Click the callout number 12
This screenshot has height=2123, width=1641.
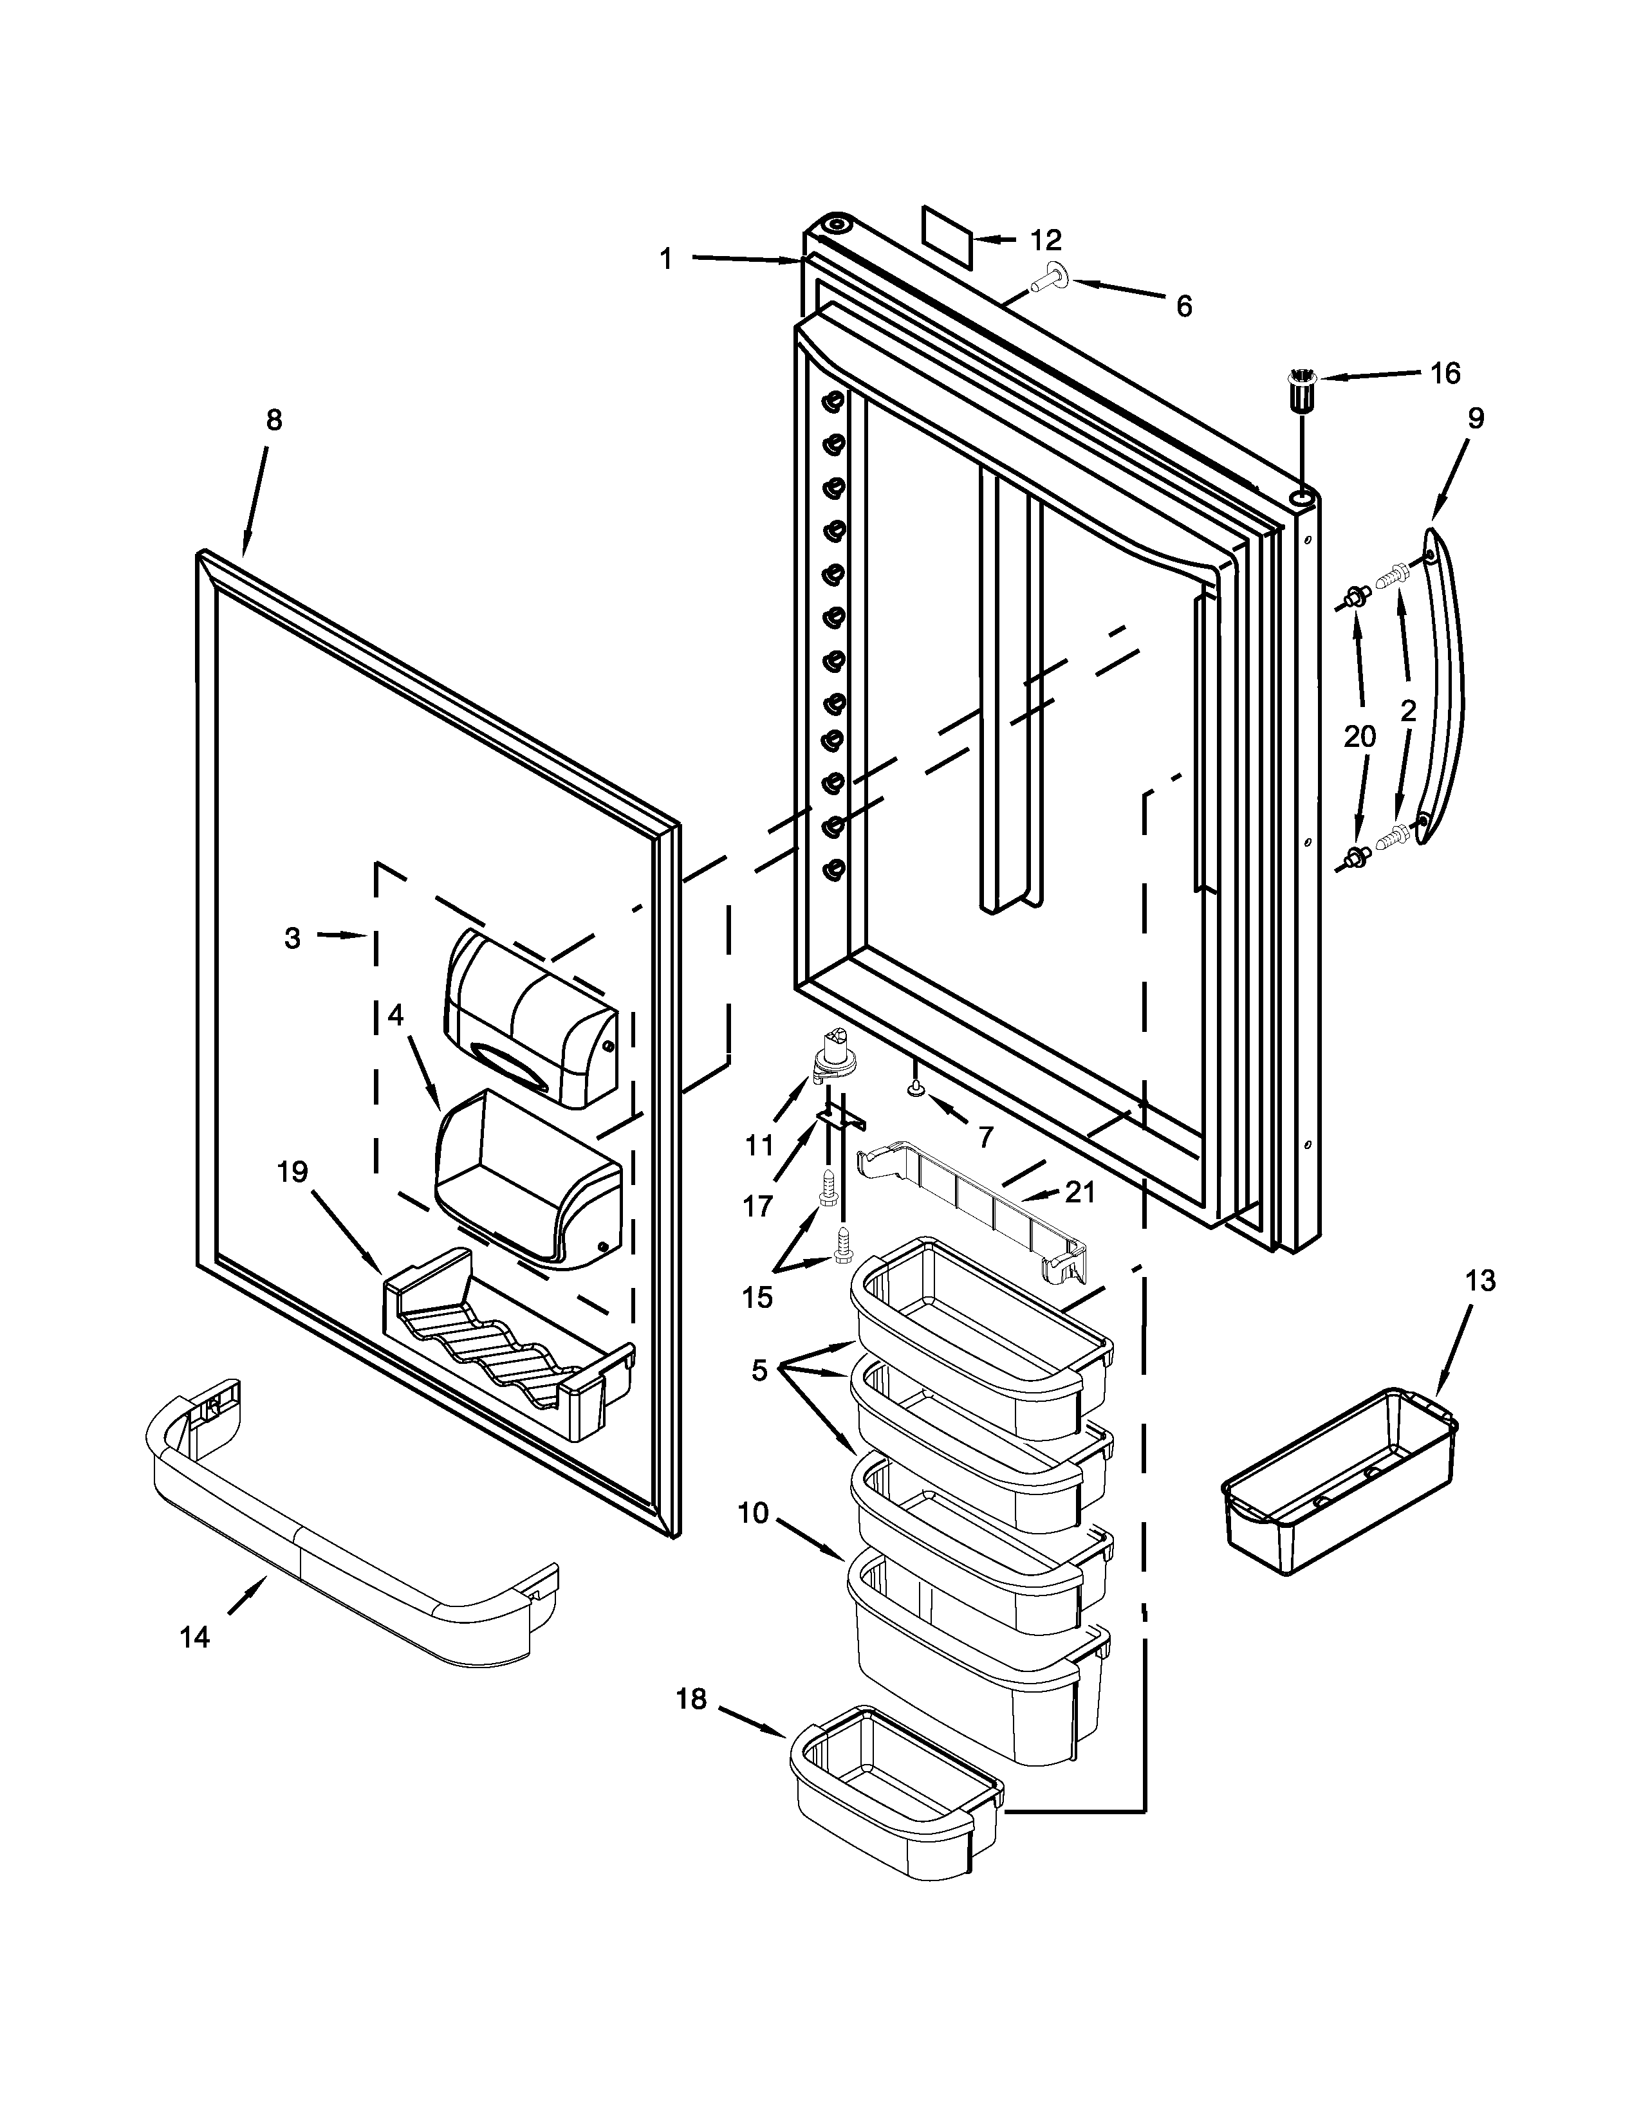click(1046, 239)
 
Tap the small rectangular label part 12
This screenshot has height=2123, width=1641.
click(947, 235)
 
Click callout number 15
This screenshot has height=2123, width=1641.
click(757, 1297)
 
